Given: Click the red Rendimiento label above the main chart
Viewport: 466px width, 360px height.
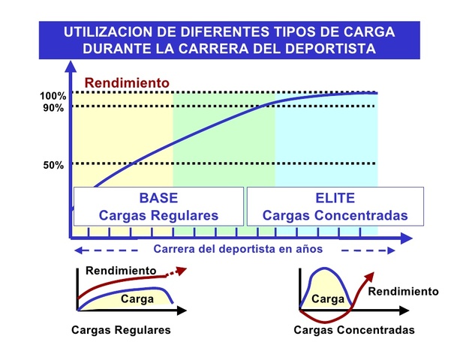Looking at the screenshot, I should [127, 82].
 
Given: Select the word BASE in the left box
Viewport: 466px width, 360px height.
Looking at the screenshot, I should [158, 199].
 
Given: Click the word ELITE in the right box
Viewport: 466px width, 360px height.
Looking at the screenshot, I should [335, 199].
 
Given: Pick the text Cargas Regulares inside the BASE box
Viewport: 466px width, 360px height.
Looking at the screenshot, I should [158, 215].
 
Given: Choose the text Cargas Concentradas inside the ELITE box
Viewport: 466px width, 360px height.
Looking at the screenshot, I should [335, 215].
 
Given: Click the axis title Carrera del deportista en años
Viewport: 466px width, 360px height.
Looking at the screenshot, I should [238, 249].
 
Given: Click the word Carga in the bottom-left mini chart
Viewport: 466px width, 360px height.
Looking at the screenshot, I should [137, 298].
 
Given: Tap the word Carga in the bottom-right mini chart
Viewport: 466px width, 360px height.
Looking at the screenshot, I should [327, 298].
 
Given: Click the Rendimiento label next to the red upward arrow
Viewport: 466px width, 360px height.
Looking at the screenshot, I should [403, 291].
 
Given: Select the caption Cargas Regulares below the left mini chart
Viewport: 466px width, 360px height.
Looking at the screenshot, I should [121, 330].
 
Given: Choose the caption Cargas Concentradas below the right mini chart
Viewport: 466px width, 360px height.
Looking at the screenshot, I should [354, 330].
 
